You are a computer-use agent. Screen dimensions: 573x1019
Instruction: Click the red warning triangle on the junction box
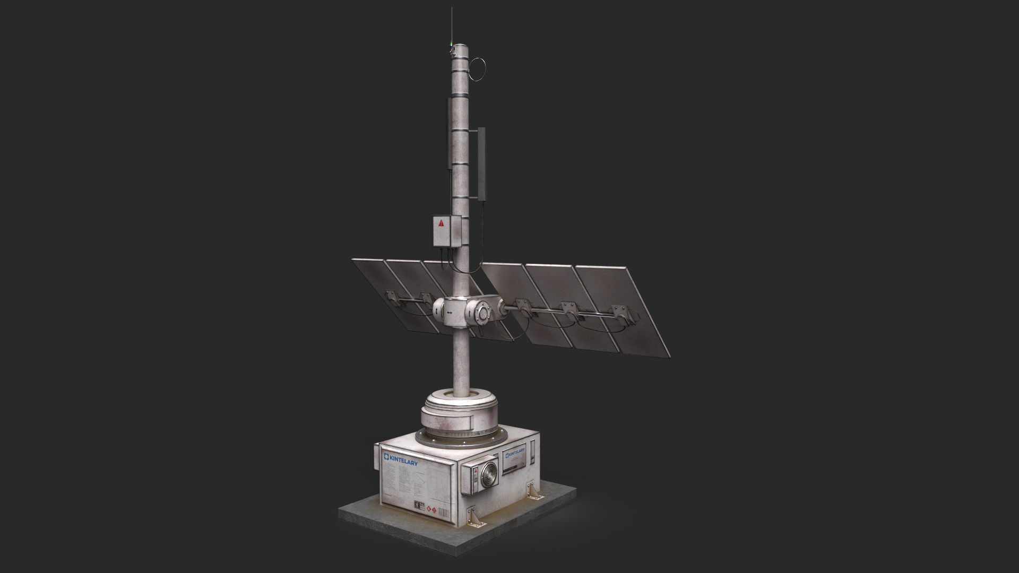coord(441,223)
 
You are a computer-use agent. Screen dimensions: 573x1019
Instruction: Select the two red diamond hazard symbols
coord(431,511)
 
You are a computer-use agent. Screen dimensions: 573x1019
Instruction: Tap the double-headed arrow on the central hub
coord(451,314)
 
